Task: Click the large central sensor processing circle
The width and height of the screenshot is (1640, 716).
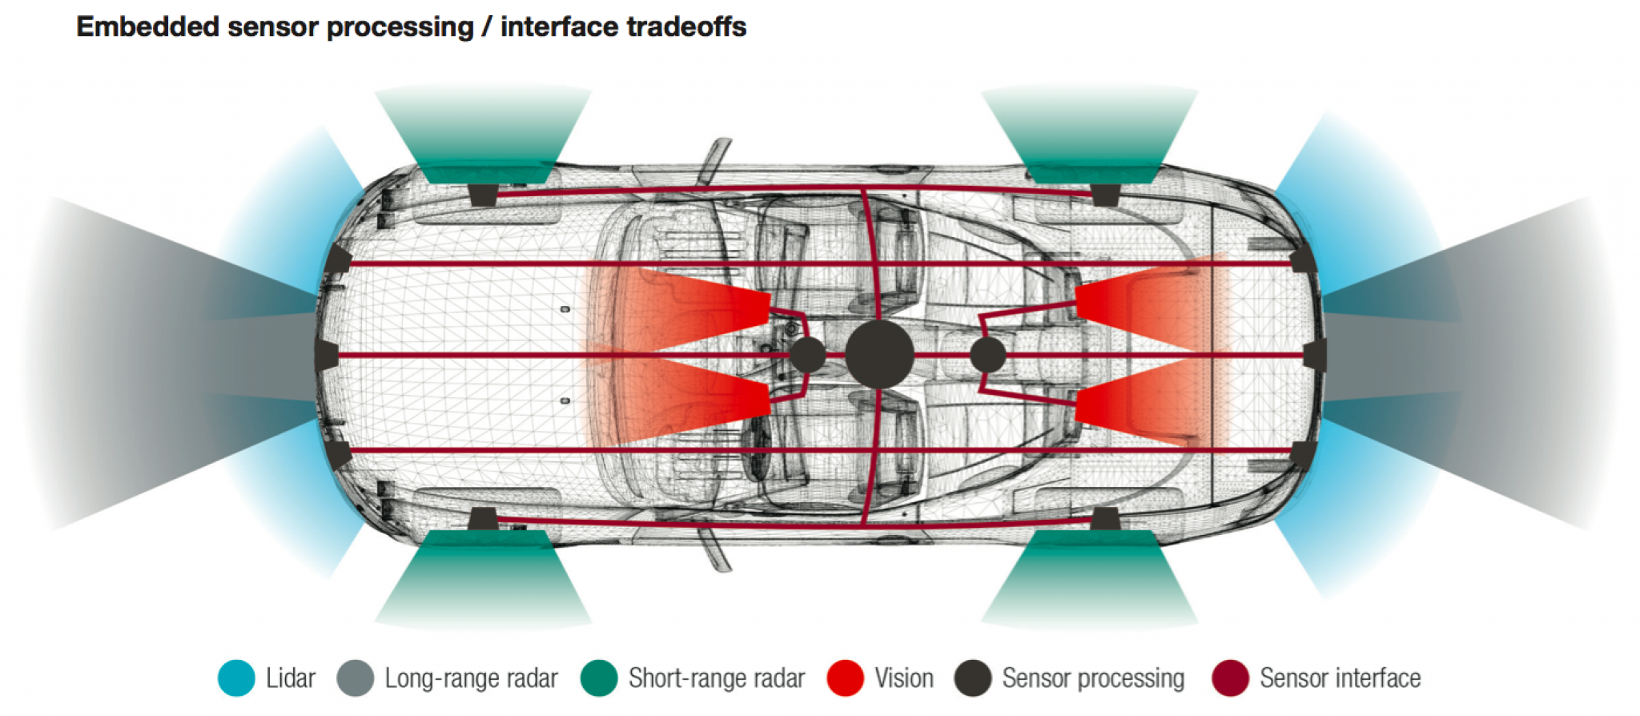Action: coord(879,355)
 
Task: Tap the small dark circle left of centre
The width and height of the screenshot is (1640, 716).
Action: coord(808,355)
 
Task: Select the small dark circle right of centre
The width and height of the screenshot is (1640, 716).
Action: coord(987,355)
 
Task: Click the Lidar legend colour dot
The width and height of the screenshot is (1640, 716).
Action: coord(236,678)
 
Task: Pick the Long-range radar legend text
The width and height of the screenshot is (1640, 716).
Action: coord(471,678)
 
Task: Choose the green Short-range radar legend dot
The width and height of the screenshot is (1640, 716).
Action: coord(599,678)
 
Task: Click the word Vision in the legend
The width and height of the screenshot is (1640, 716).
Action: coord(903,678)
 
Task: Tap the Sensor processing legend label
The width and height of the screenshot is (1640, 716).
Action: coord(1093,678)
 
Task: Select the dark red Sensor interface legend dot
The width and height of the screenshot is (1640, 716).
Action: coord(1230,678)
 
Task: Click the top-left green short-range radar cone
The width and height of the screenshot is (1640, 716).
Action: coord(483,132)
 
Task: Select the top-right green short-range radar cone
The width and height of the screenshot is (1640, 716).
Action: coord(1089,132)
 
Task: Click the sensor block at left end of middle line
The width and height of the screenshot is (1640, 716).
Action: coord(327,355)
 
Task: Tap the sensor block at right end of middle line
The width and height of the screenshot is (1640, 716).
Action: coord(1314,355)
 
